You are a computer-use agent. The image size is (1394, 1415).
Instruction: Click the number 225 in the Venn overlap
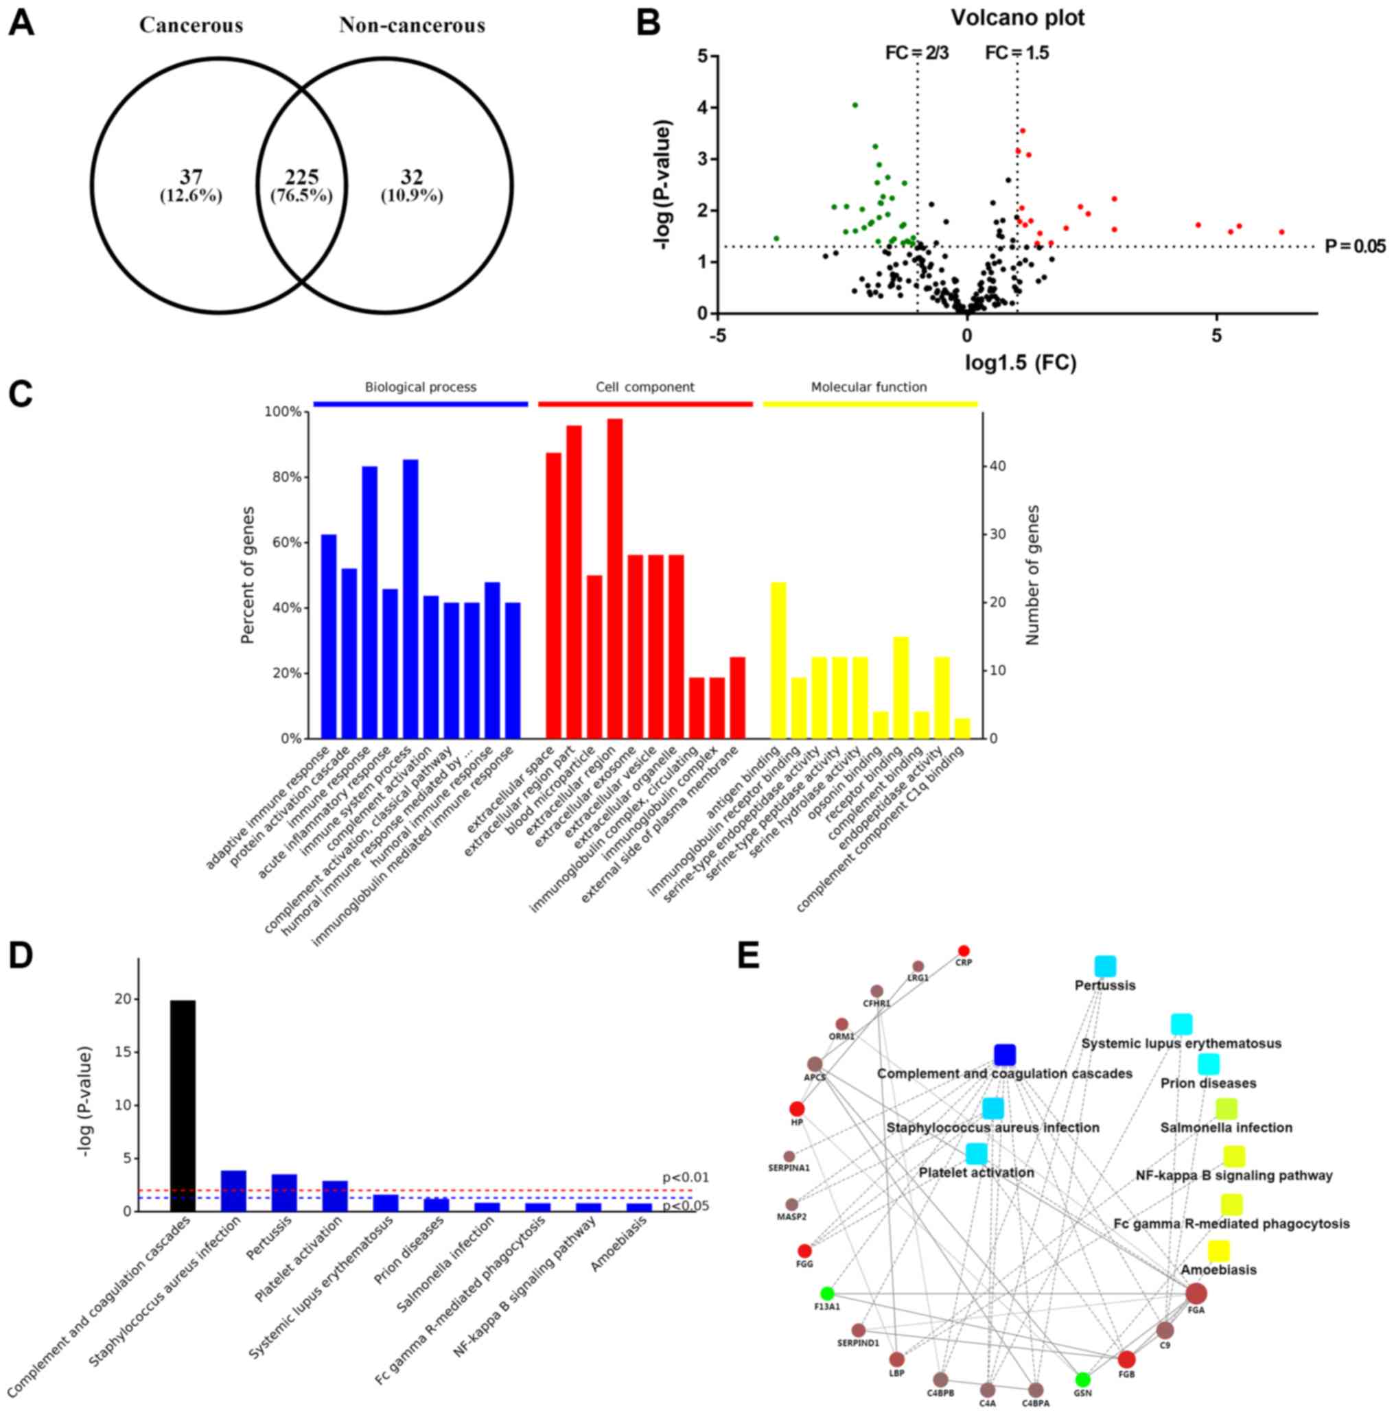(301, 176)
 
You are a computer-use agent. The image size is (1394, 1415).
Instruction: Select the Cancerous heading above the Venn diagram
(191, 25)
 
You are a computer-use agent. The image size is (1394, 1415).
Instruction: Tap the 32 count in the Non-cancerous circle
(411, 176)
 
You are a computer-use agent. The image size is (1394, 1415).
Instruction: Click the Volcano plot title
(1018, 18)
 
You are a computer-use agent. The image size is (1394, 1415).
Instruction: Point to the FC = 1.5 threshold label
(1017, 53)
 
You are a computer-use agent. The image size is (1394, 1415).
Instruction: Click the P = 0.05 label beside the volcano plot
(1355, 246)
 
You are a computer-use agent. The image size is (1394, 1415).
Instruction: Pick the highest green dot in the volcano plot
(855, 106)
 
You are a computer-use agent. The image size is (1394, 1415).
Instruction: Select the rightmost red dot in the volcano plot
(1282, 232)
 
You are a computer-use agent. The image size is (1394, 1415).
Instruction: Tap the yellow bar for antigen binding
(778, 659)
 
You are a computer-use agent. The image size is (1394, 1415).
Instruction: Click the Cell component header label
(645, 387)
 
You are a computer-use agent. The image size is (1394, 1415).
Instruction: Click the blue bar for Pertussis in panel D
(284, 1193)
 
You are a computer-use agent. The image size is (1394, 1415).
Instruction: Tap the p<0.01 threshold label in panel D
(685, 1178)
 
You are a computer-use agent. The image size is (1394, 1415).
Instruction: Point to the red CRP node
(964, 951)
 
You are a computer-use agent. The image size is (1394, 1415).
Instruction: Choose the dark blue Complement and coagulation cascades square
(1005, 1055)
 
